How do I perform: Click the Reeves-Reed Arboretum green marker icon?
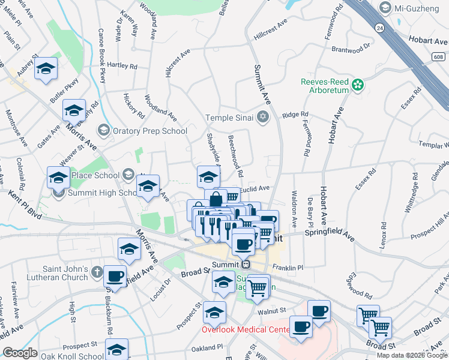tap(358, 85)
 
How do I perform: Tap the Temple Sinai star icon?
tap(262, 117)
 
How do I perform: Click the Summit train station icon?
tap(246, 265)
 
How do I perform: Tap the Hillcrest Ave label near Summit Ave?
tap(271, 29)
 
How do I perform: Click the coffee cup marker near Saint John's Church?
tap(115, 277)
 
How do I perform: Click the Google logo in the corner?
tap(20, 353)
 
